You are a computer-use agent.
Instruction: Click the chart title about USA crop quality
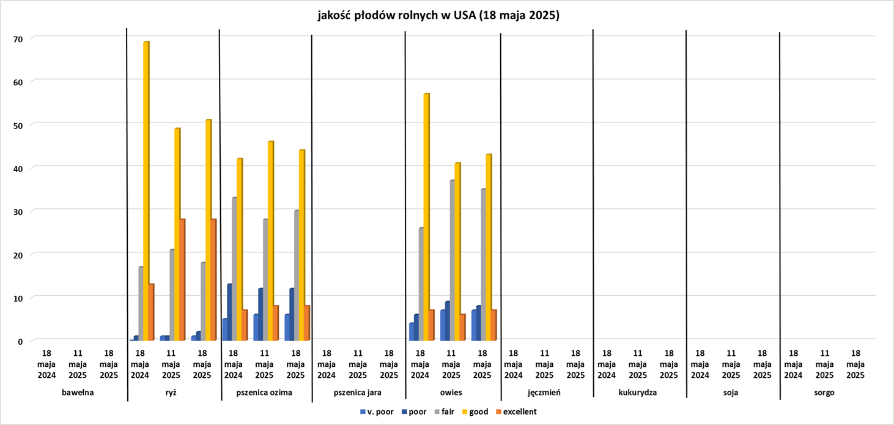pos(438,16)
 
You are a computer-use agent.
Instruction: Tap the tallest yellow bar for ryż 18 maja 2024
pos(146,190)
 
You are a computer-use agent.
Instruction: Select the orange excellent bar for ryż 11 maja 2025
pos(182,279)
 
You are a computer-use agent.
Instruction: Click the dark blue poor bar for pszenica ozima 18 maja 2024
pos(229,312)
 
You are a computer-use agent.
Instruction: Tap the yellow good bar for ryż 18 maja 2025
pos(209,229)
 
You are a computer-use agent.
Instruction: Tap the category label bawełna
pos(78,393)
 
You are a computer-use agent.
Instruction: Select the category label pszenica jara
pos(358,393)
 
